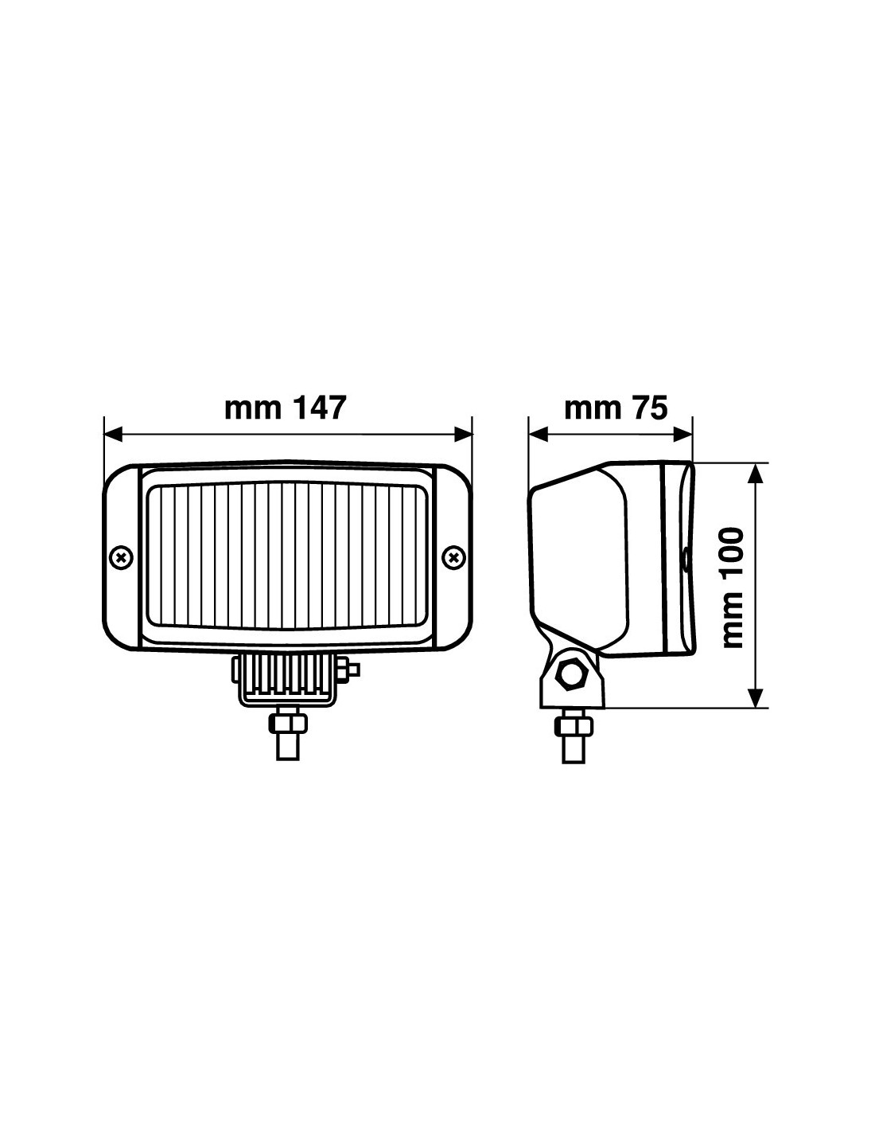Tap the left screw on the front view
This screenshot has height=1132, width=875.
point(122,558)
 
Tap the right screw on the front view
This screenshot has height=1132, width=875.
point(453,558)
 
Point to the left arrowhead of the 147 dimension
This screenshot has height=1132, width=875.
point(114,434)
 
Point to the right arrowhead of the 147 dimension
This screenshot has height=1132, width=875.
point(463,434)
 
